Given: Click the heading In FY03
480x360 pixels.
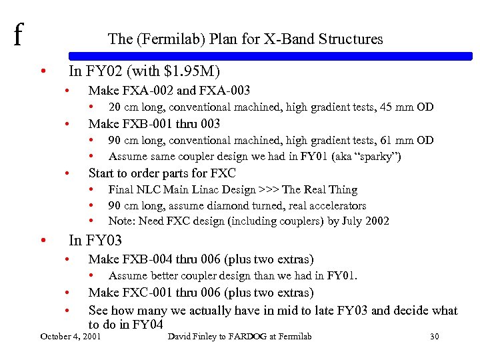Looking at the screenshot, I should point(95,240).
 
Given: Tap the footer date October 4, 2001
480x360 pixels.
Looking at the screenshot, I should point(71,337).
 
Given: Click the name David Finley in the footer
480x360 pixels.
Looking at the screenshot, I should point(193,337).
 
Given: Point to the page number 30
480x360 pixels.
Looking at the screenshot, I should point(435,337).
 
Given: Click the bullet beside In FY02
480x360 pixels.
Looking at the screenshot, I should point(43,71).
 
